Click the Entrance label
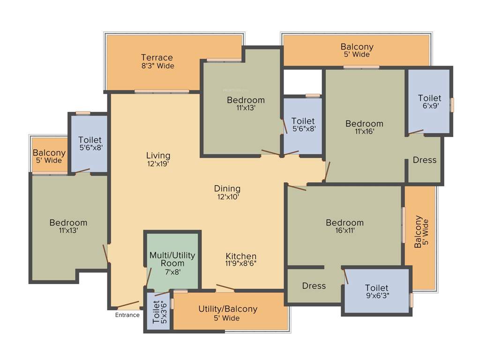pyautogui.click(x=127, y=315)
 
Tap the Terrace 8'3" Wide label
pyautogui.click(x=157, y=61)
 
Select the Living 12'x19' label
pyautogui.click(x=158, y=159)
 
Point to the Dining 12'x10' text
pyautogui.click(x=227, y=192)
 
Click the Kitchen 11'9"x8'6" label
pyautogui.click(x=241, y=259)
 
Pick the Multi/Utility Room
pyautogui.click(x=172, y=263)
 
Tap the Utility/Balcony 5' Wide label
pyautogui.click(x=228, y=313)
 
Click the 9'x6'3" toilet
pyautogui.click(x=377, y=291)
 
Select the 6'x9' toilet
pyautogui.click(x=429, y=101)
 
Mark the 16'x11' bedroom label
pyautogui.click(x=345, y=226)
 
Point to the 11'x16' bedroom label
pyautogui.click(x=364, y=127)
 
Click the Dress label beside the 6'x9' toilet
pyautogui.click(x=424, y=160)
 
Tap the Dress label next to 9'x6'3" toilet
pyautogui.click(x=314, y=285)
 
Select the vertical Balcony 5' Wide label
pyautogui.click(x=421, y=232)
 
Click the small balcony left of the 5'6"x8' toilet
pyautogui.click(x=49, y=156)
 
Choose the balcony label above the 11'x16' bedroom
pyautogui.click(x=357, y=50)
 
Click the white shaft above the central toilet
pyautogui.click(x=303, y=82)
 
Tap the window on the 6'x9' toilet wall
pyautogui.click(x=452, y=105)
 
